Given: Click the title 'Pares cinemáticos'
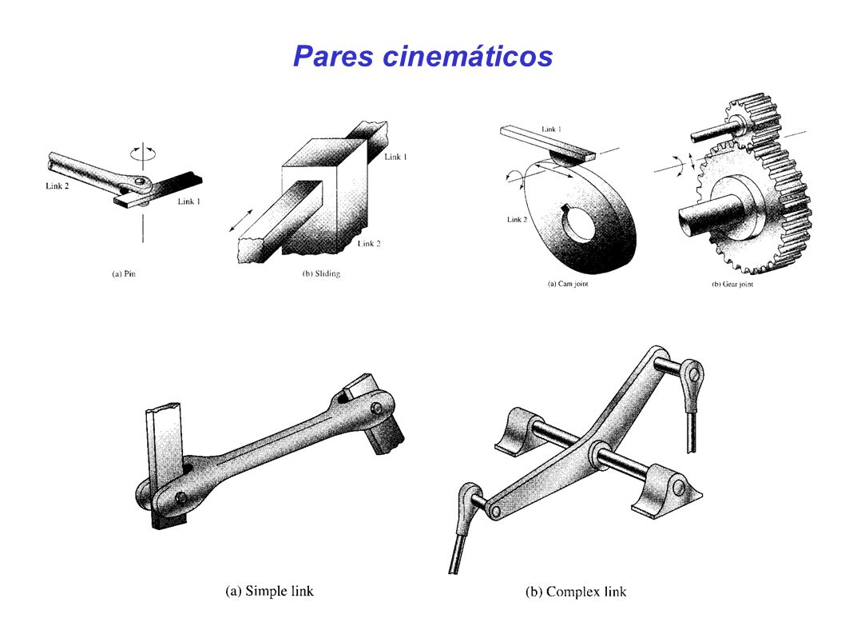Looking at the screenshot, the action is click(423, 56).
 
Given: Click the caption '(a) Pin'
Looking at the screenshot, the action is click(124, 273).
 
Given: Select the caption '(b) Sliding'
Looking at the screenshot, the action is click(321, 273).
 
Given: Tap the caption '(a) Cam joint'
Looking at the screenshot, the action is click(568, 284).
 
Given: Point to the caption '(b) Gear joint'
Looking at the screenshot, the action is click(732, 284).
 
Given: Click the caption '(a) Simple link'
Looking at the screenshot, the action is click(269, 591).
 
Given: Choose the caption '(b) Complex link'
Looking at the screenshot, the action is click(576, 592).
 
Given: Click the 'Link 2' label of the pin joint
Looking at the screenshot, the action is click(58, 186).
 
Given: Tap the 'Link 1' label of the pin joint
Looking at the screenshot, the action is click(188, 201).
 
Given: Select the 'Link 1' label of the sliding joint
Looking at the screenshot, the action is click(395, 157).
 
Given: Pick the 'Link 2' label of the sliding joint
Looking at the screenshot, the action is click(369, 243).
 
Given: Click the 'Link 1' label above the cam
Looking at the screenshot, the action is click(551, 129).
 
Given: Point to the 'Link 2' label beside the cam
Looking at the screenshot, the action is click(517, 219).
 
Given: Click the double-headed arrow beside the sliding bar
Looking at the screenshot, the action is click(240, 220).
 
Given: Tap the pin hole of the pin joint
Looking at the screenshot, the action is click(141, 181).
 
